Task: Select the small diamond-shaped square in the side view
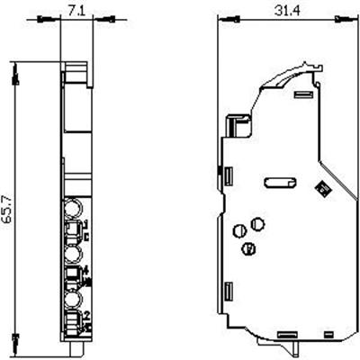coord(318,188)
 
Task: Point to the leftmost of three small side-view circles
coord(239,227)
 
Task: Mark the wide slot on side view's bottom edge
coord(288,332)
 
